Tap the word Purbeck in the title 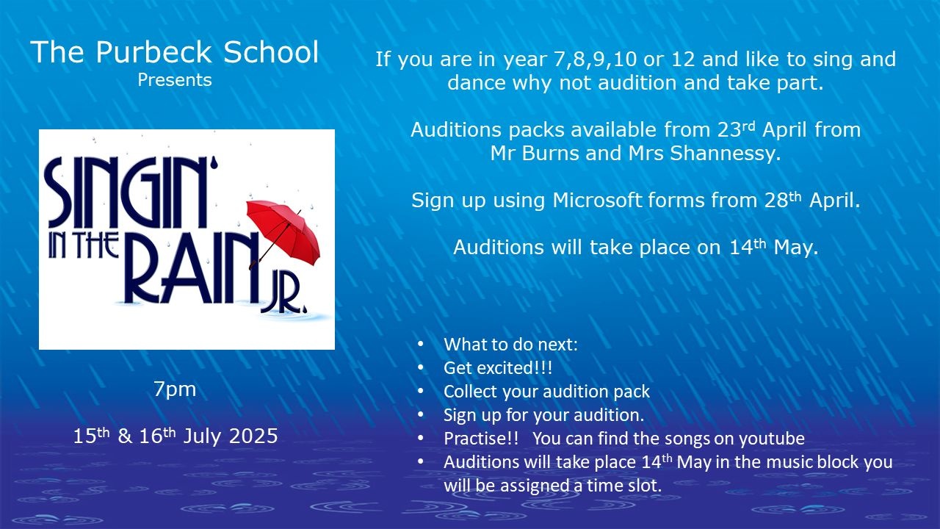tap(153, 52)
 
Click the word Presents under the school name tap(175, 80)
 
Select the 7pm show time tap(175, 389)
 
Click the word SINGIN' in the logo tap(131, 193)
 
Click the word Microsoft tap(597, 201)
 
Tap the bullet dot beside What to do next tap(421, 345)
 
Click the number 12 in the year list tap(683, 59)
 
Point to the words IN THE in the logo tap(83, 245)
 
